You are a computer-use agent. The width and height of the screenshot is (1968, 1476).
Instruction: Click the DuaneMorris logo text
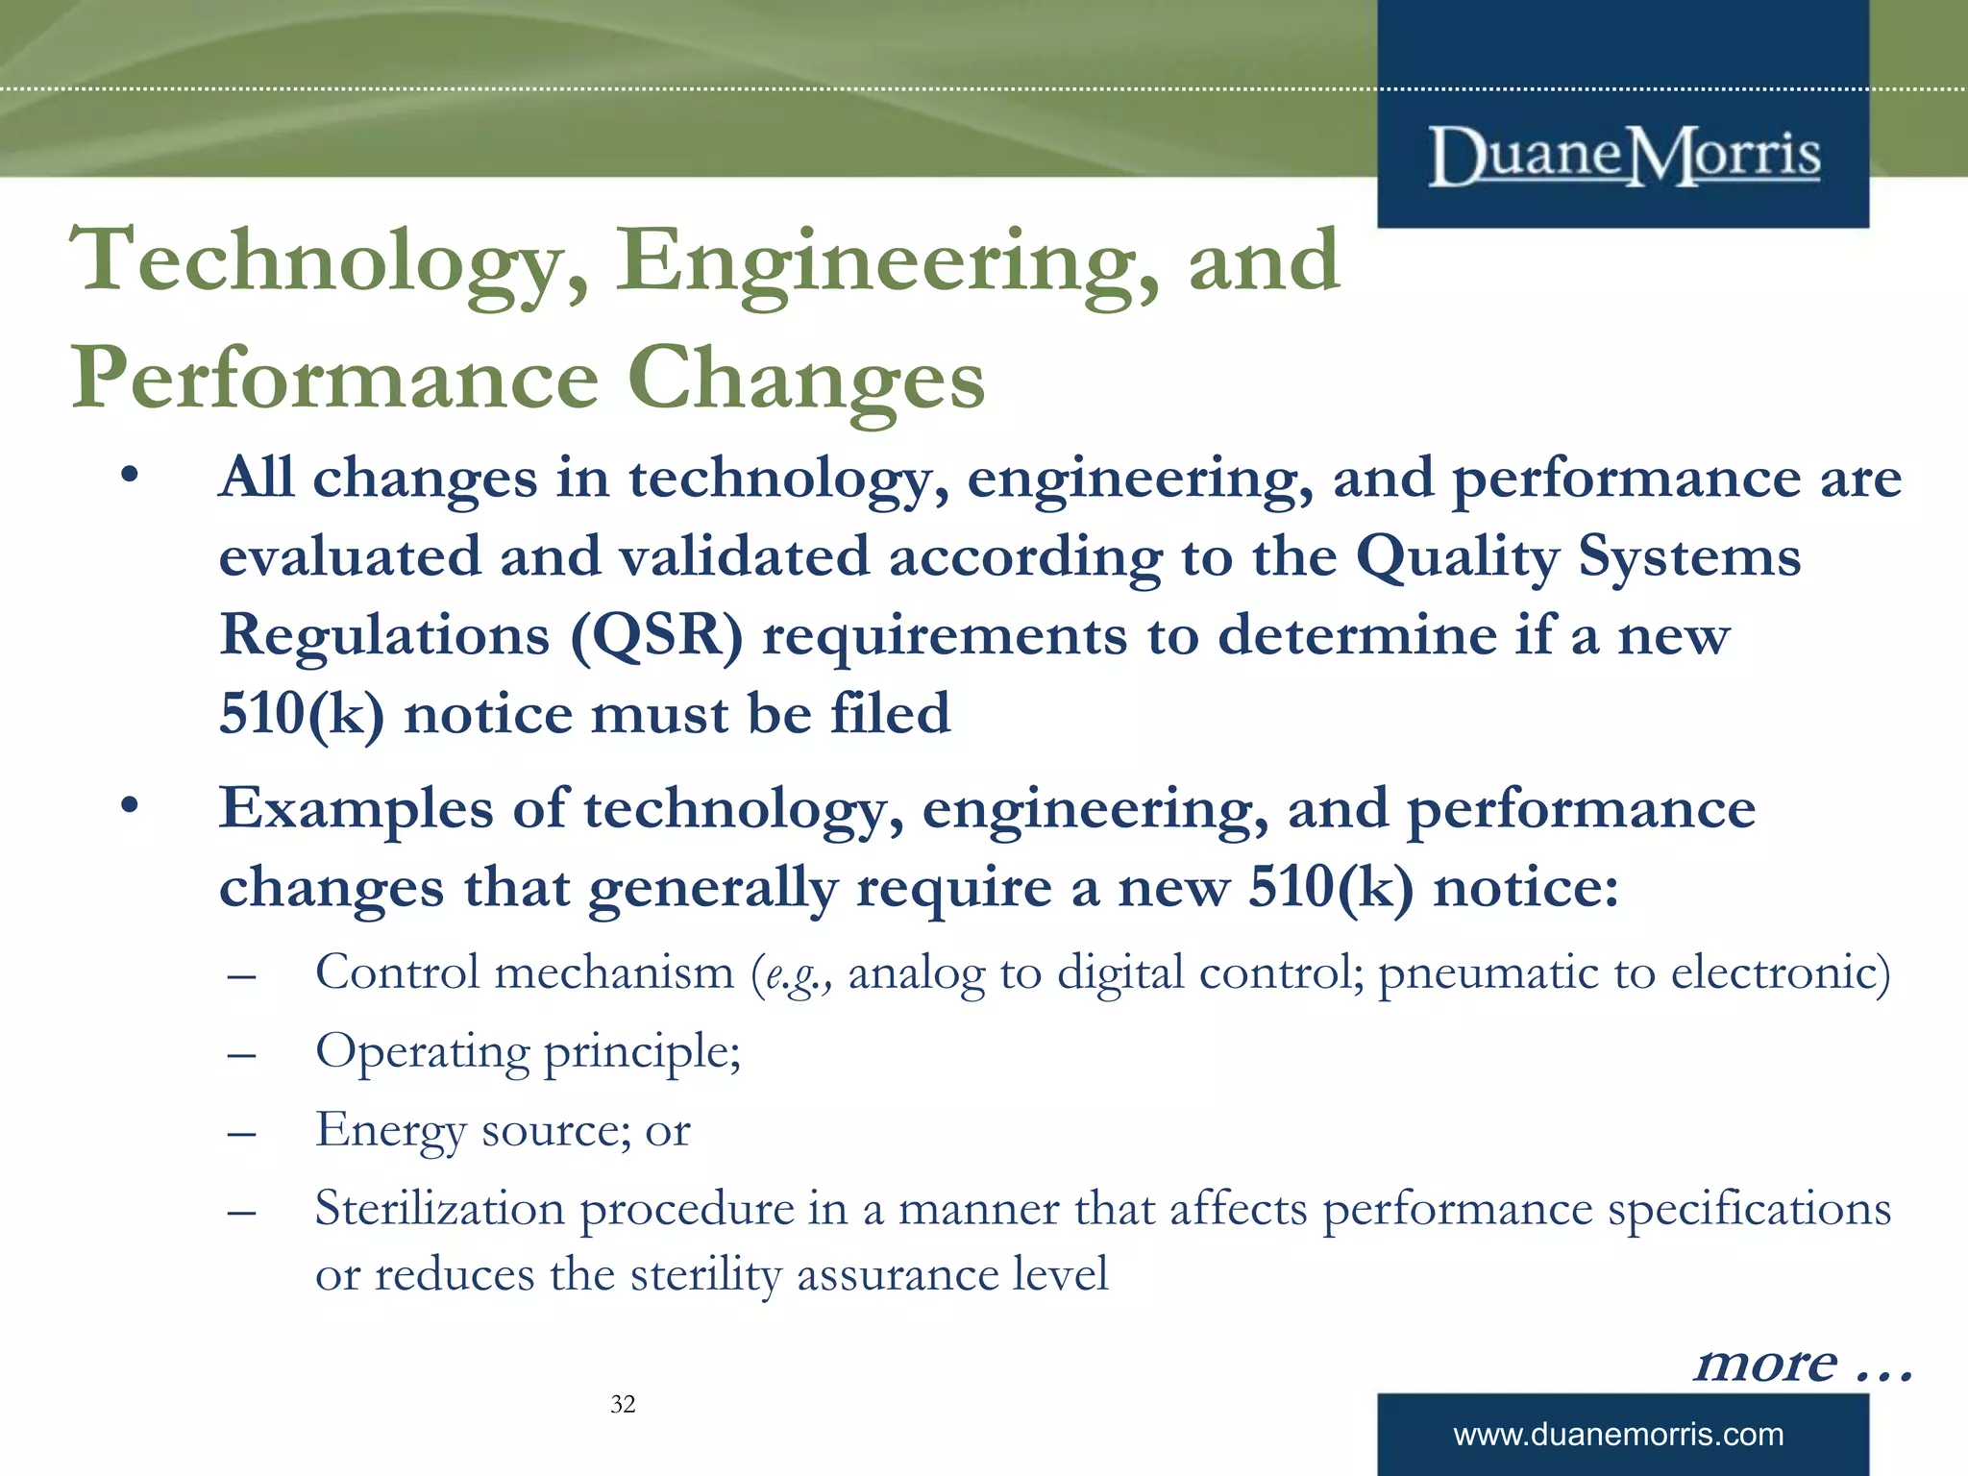click(1623, 157)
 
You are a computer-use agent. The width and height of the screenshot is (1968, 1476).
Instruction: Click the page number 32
click(623, 1404)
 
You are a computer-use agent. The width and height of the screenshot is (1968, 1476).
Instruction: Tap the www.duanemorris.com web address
click(1618, 1435)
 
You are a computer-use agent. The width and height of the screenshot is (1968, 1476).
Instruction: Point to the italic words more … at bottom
click(1803, 1363)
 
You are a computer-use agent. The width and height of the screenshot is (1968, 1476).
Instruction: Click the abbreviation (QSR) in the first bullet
click(656, 636)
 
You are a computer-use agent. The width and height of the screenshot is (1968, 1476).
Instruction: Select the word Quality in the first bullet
click(1457, 558)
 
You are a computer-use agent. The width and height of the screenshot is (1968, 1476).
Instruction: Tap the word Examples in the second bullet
click(356, 809)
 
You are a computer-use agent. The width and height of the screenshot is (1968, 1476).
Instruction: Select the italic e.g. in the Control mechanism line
click(791, 974)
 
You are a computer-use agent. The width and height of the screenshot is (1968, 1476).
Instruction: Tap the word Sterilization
click(439, 1209)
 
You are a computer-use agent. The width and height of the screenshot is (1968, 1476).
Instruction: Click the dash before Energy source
click(241, 1133)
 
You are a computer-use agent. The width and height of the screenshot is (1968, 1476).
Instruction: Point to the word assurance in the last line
click(898, 1275)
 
